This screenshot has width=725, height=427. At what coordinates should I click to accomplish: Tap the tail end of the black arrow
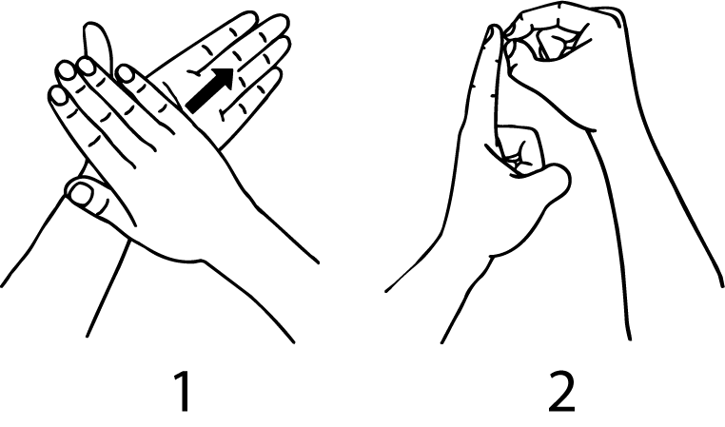(189, 107)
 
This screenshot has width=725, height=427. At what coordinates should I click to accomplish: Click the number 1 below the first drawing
(184, 392)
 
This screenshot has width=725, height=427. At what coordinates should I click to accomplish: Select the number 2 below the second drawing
(561, 392)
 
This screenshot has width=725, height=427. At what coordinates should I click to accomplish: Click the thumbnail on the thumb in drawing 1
(82, 193)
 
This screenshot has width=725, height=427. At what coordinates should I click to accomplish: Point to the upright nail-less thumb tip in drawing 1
(96, 33)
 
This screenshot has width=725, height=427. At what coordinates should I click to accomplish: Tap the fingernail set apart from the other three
(125, 73)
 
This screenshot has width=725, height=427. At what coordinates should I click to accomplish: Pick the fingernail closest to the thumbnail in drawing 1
(59, 96)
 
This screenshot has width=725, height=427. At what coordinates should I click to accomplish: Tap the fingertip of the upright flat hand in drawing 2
(494, 33)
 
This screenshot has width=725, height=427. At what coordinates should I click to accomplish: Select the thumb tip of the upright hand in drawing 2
(558, 179)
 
